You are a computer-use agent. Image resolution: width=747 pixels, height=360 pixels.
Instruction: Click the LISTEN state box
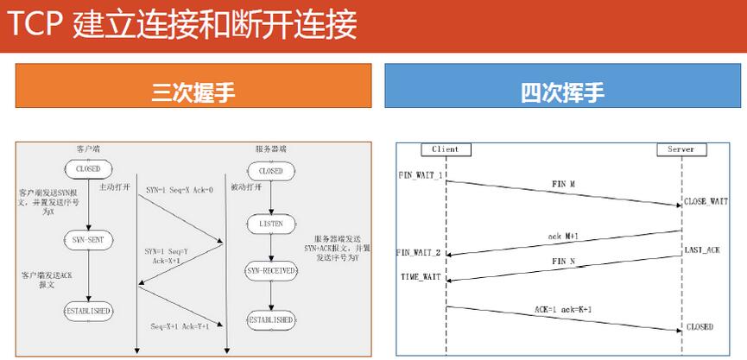tap(270, 223)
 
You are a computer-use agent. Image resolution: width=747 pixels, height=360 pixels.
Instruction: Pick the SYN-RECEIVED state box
tap(270, 271)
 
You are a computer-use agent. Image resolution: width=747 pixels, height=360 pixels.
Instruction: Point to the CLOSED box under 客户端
tap(88, 168)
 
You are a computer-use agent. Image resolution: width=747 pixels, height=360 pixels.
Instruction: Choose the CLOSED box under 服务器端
tap(270, 171)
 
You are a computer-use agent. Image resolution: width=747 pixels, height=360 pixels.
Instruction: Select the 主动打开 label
tap(115, 186)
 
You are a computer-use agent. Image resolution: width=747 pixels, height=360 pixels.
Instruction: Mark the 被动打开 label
tap(246, 186)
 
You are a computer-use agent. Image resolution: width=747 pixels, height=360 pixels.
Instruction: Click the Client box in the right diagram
tap(446, 149)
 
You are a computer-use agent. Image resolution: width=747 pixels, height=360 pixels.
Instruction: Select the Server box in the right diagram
tap(681, 149)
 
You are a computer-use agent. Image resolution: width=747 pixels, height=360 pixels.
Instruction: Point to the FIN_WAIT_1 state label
tap(421, 175)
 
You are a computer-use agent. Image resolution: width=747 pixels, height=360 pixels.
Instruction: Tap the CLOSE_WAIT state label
tap(706, 201)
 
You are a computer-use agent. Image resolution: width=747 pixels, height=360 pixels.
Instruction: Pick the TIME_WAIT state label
tap(421, 277)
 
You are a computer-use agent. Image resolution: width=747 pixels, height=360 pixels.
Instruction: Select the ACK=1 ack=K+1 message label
tap(563, 309)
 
